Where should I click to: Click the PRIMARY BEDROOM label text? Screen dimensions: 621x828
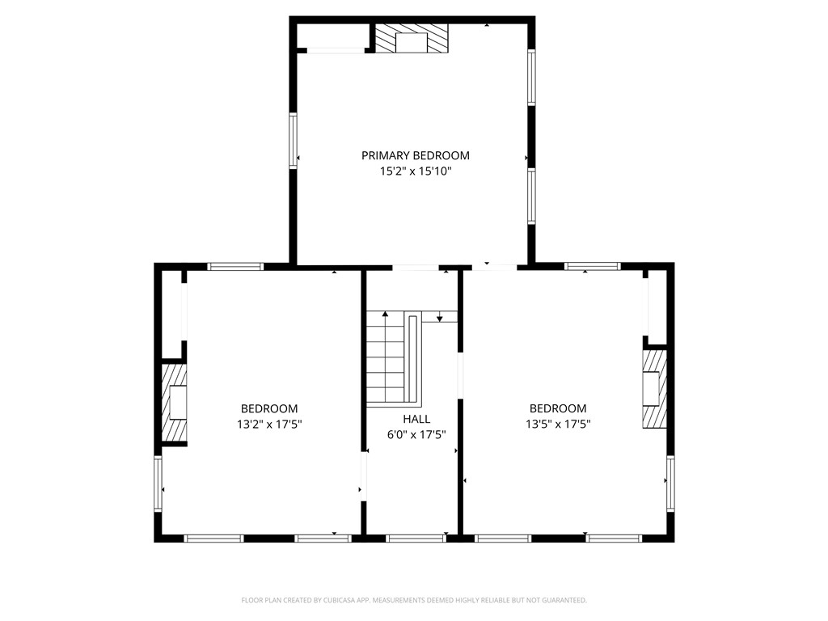pos(415,155)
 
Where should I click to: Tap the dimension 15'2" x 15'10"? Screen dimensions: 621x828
pos(415,171)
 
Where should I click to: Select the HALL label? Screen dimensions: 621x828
pos(416,419)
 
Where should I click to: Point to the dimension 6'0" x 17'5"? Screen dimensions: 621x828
pos(416,435)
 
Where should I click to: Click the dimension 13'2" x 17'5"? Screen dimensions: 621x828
pos(269,424)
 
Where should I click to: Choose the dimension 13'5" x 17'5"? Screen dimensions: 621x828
pos(558,424)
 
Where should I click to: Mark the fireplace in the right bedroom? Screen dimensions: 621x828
pos(654,388)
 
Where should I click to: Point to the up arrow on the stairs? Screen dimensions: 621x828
pos(386,314)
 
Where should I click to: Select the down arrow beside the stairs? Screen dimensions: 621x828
pos(439,319)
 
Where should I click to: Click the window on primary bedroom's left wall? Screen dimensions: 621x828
pos(294,141)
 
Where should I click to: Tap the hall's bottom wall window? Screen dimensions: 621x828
pos(416,538)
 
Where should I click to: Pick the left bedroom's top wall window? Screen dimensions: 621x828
pos(235,266)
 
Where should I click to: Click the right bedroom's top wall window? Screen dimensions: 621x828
pos(592,266)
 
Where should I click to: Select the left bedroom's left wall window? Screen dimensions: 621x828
pos(158,484)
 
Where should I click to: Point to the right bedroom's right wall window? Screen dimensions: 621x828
pos(670,484)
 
